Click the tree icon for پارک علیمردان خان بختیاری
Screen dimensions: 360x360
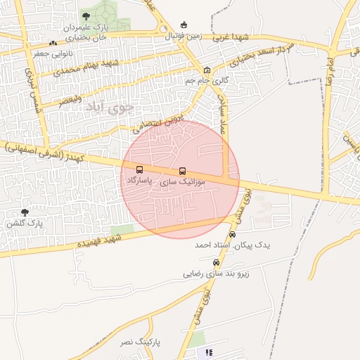pyautogui.click(x=86, y=15)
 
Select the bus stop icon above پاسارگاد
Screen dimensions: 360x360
pyautogui.click(x=139, y=169)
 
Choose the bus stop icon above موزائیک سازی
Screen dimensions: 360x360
pyautogui.click(x=183, y=171)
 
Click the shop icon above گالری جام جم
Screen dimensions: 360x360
pyautogui.click(x=207, y=70)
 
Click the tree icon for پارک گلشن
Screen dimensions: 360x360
pyautogui.click(x=25, y=212)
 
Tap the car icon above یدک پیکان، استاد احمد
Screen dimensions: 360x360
pyautogui.click(x=233, y=235)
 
